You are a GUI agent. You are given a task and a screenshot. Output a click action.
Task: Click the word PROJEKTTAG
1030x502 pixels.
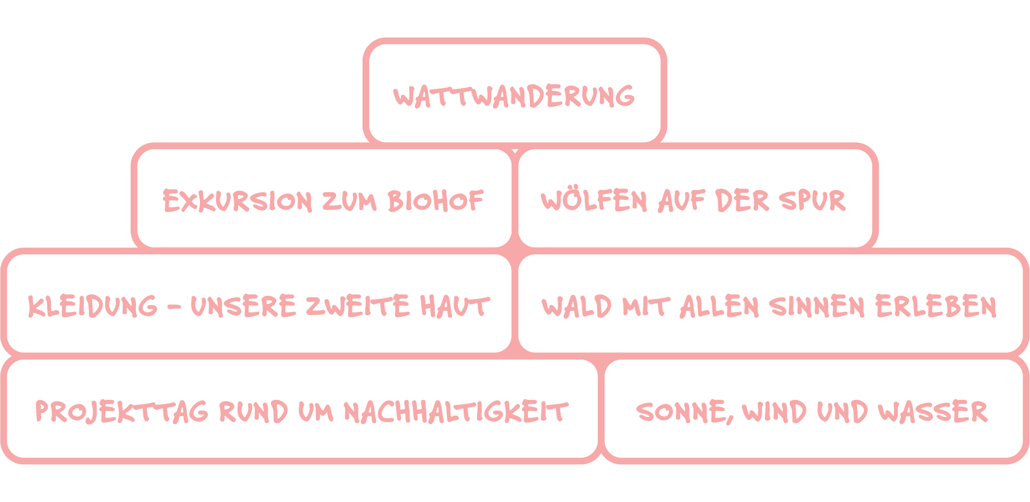click(x=122, y=411)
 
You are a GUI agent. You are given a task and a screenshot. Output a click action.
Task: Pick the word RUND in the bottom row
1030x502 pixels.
click(x=254, y=411)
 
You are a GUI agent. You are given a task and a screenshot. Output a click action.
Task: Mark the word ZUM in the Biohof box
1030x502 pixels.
click(x=349, y=201)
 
